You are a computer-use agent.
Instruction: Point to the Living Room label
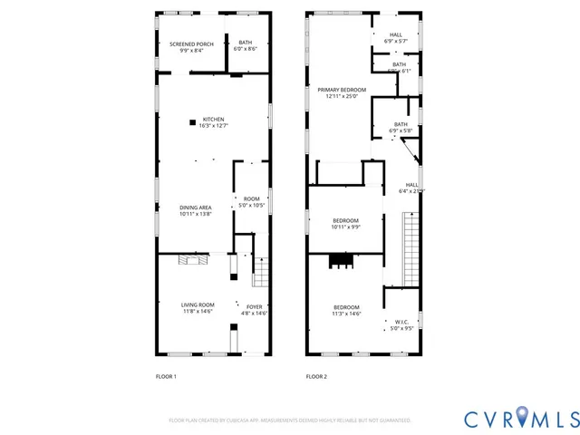(198, 308)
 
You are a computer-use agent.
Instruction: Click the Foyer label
(255, 309)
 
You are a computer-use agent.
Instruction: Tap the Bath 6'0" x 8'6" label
(246, 45)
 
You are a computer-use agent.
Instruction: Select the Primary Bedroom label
(342, 92)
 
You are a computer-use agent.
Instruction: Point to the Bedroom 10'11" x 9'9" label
(345, 224)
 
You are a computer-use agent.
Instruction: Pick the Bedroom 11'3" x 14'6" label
(345, 310)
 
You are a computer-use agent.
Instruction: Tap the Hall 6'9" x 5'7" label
(396, 38)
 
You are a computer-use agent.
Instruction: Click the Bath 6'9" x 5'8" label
(401, 128)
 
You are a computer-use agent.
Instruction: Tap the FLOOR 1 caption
(167, 376)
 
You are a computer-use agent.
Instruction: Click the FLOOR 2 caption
(316, 376)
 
